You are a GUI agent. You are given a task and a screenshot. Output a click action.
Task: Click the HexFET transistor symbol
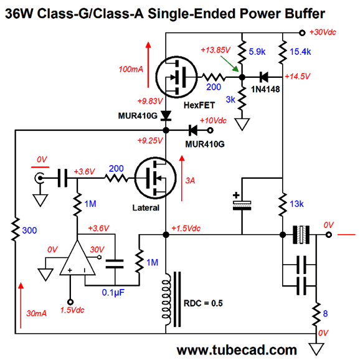[176, 77]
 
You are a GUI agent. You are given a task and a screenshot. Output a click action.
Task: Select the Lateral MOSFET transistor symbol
[156, 178]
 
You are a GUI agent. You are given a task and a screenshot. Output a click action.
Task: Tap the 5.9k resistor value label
[257, 52]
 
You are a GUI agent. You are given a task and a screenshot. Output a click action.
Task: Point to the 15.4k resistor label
[300, 52]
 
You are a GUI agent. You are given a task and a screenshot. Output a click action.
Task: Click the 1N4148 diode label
[265, 89]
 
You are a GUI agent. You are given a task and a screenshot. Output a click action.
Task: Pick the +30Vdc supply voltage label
[323, 32]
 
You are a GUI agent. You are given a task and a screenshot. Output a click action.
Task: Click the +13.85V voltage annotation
[216, 50]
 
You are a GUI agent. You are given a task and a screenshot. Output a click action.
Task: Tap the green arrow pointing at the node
[230, 64]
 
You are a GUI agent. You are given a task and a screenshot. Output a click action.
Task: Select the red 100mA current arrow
[148, 65]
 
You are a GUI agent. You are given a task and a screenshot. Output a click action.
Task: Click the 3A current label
[190, 181]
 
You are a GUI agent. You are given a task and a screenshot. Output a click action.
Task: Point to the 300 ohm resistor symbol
[16, 229]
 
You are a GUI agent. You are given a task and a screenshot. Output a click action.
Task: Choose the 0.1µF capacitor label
[113, 293]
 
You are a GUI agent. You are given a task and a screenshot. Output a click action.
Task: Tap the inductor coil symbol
[166, 299]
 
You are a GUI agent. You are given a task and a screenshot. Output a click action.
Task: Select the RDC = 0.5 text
[203, 303]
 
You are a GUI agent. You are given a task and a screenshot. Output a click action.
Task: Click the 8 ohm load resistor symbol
[316, 314]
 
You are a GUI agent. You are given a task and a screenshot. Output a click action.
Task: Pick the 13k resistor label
[296, 204]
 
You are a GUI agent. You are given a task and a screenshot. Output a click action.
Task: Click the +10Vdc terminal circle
[210, 130]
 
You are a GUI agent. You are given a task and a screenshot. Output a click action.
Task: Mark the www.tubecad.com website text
[237, 350]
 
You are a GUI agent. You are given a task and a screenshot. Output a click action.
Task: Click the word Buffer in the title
[305, 13]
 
